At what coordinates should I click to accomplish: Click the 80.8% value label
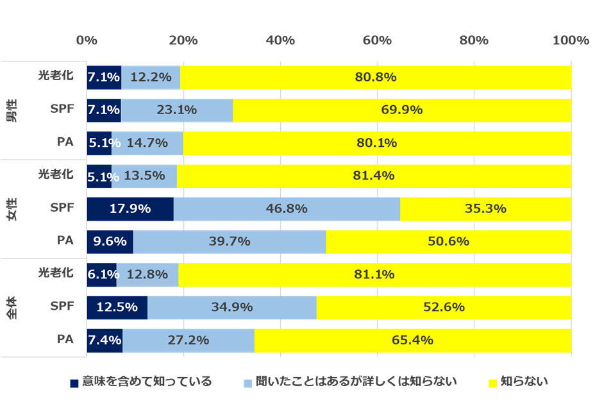tap(376, 78)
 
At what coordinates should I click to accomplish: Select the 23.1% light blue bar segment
tap(176, 110)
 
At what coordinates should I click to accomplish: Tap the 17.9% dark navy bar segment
tap(130, 209)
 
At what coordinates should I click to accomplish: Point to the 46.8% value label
tap(286, 209)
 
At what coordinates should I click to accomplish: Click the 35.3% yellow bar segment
tap(485, 209)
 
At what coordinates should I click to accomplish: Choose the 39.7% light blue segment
tap(229, 242)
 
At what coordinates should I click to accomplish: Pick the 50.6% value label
tap(448, 242)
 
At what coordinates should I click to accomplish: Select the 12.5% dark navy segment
tap(117, 307)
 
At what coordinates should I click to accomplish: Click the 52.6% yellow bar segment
tap(444, 307)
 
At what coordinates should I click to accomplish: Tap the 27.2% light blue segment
tap(188, 340)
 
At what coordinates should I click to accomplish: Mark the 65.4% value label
tap(412, 340)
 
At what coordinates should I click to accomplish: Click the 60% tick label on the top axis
tap(377, 40)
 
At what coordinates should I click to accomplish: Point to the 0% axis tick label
tap(87, 40)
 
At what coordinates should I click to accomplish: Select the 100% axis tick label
tap(571, 40)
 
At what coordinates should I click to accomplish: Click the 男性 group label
tap(13, 110)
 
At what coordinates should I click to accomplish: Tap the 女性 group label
tap(13, 209)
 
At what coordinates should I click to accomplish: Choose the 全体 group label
tap(13, 307)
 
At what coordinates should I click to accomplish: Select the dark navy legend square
tap(74, 383)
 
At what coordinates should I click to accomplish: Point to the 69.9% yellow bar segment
tap(401, 110)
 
